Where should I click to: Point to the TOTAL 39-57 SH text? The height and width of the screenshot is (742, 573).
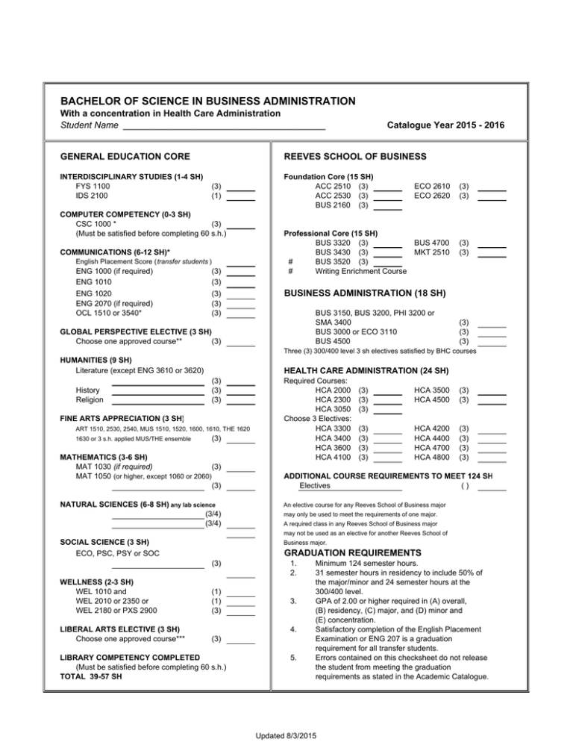(x=92, y=678)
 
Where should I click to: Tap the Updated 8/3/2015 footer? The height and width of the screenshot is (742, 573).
(x=286, y=735)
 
